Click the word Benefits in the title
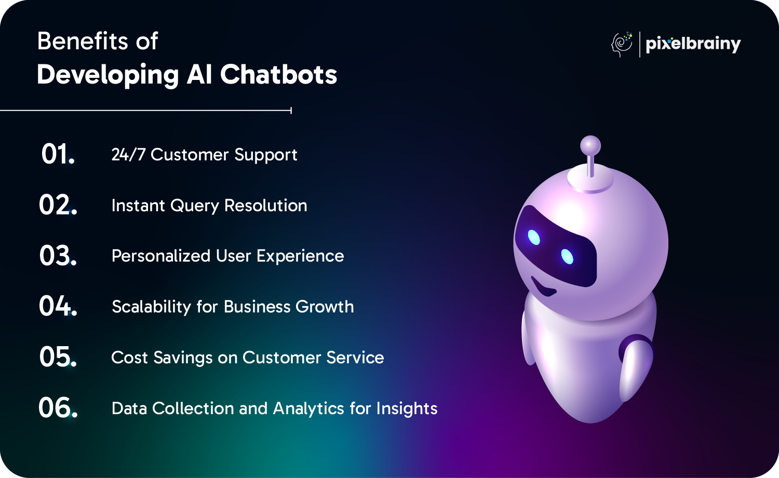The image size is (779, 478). point(83,41)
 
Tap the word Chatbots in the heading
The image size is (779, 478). point(278,74)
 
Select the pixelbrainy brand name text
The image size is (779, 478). point(693,44)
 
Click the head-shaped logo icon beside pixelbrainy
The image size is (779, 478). point(622,44)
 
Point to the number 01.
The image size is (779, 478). point(58,154)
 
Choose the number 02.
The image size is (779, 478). point(58,205)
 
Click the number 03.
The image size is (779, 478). point(58,255)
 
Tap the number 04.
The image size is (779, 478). point(58,306)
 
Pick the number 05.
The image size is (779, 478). point(58,357)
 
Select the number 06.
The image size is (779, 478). point(58,407)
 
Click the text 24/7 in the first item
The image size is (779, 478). point(128,154)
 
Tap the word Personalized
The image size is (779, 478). point(161,256)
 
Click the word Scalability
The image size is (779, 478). point(151,307)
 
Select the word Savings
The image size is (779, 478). point(183,358)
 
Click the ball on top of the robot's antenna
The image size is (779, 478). point(590,146)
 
